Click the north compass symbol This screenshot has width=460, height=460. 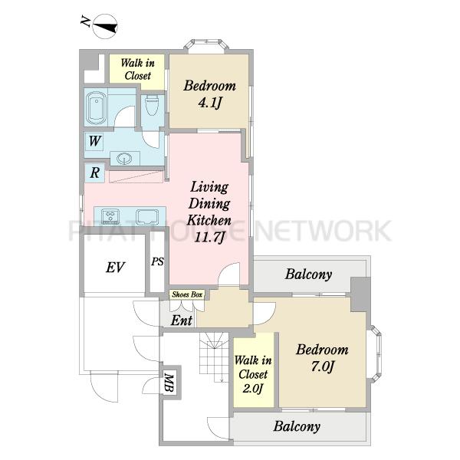point(105,27)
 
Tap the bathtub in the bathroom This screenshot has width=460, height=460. point(96,108)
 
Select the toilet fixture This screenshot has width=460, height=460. point(152,105)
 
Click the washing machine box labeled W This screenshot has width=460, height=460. point(94,142)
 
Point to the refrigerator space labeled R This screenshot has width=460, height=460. point(94,172)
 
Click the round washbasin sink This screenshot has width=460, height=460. point(124,159)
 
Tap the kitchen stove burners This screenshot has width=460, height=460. point(110,217)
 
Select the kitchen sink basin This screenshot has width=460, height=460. point(147,217)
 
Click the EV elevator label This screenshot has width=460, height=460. point(115,267)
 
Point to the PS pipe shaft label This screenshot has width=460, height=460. point(157,261)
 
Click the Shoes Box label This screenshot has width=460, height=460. point(187,294)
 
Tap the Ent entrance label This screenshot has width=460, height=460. point(182,320)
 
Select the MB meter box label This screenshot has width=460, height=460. point(169,383)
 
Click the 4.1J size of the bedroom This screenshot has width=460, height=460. point(209,103)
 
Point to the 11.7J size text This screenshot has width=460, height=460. point(209,237)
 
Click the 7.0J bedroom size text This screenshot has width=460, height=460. point(323,366)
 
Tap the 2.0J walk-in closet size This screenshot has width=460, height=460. point(252,389)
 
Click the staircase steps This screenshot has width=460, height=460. point(214,357)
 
